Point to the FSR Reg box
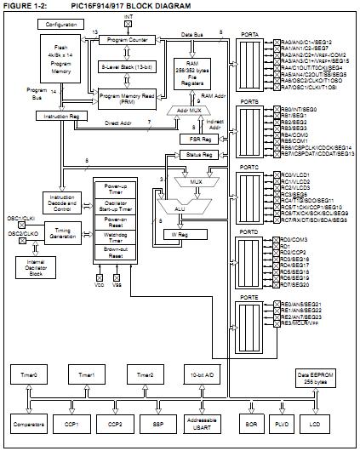[197, 139]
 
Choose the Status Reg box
[197, 155]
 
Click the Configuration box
[54, 26]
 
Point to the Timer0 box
[30, 374]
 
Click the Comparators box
[30, 423]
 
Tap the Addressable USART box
[198, 423]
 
